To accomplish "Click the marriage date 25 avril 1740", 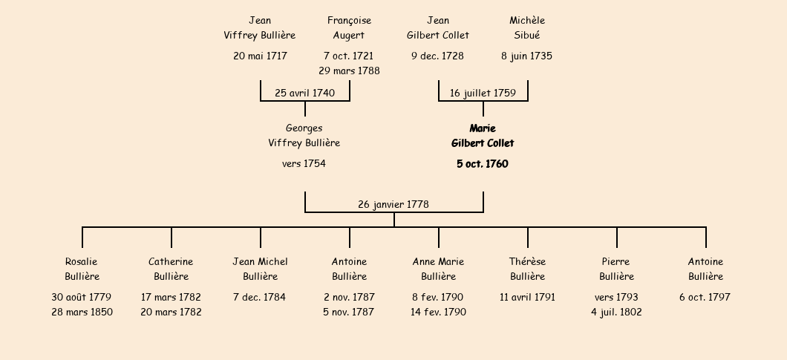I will point(304,93).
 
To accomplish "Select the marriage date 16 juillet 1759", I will point(483,93).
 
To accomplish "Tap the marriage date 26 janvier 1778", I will point(393,204).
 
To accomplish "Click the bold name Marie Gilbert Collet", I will point(483,136).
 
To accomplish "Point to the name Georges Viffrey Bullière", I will point(304,136).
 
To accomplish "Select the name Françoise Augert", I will point(349,27).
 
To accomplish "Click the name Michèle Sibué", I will point(527,27).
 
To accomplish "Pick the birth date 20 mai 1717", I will point(260,56).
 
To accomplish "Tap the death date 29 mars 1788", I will point(349,71).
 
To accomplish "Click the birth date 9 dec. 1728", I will point(438,56).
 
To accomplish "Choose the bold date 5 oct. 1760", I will point(483,164).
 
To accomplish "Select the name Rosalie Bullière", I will point(82,269).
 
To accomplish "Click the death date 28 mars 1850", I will point(82,312).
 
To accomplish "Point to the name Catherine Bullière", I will point(171,269).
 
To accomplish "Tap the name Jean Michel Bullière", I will point(260,269).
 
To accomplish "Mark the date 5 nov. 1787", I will point(349,312).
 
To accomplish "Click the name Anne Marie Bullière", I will point(438,269).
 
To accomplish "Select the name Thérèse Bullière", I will point(527,269).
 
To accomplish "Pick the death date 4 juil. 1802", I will point(616,312).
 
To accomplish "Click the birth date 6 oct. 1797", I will point(705,297).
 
